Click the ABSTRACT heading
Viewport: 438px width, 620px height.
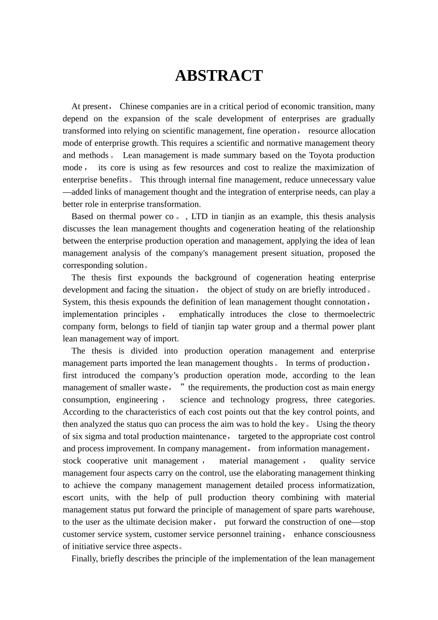[219, 76]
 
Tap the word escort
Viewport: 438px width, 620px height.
[73, 497]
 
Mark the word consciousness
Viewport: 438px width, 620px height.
[345, 534]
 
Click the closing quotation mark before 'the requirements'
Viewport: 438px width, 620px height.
[183, 386]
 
